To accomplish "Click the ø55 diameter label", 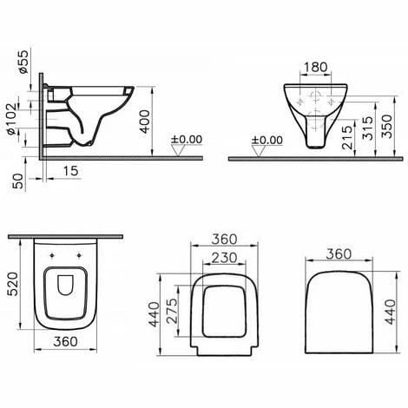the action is (23, 62).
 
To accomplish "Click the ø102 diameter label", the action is (12, 119).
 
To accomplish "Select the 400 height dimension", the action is (145, 122).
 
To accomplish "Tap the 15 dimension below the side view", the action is (70, 171).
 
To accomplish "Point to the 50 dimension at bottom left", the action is (19, 181).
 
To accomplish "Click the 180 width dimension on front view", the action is (315, 67).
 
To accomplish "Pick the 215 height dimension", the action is (347, 137).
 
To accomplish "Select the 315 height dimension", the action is (368, 128).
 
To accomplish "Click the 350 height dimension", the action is (386, 126).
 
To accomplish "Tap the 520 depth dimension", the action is (13, 284).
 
